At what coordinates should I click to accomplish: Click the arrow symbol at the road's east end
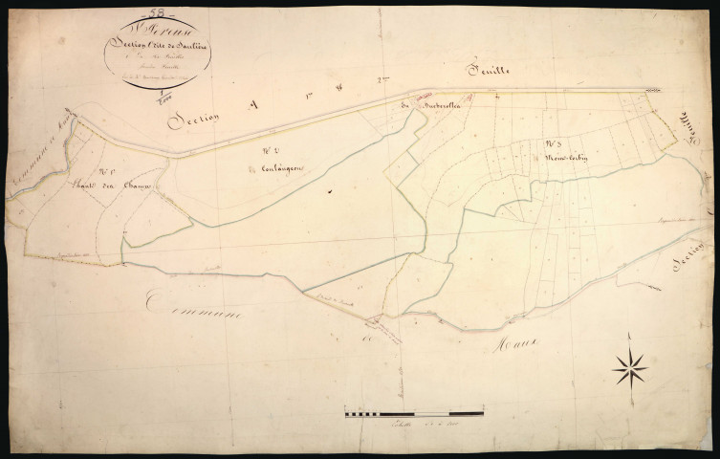point(654,90)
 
